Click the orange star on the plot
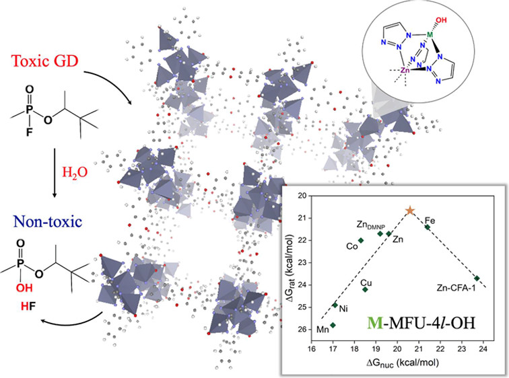coord(410,211)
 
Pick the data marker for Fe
coord(427,227)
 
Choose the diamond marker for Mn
coord(333,325)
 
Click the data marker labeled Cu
coord(366,289)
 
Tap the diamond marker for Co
coord(361,240)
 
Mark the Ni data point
coord(335,305)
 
